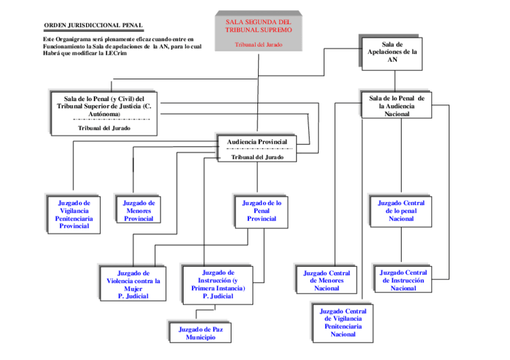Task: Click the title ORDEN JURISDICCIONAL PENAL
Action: (x=93, y=25)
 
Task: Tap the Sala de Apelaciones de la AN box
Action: (x=392, y=52)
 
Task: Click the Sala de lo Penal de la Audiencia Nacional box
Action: (x=396, y=106)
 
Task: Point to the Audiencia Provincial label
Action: (x=257, y=142)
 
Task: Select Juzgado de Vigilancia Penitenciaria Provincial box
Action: (x=74, y=215)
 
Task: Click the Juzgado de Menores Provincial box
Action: (x=139, y=211)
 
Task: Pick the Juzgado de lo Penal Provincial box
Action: (x=261, y=211)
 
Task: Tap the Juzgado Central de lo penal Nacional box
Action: (x=401, y=211)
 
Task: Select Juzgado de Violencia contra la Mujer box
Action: (x=134, y=284)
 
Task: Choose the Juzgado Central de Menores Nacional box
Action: (x=326, y=281)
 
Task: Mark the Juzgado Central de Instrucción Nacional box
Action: (x=403, y=280)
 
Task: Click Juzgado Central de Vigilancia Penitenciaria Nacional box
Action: (x=343, y=323)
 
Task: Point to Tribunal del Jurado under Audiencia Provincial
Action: (x=257, y=157)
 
